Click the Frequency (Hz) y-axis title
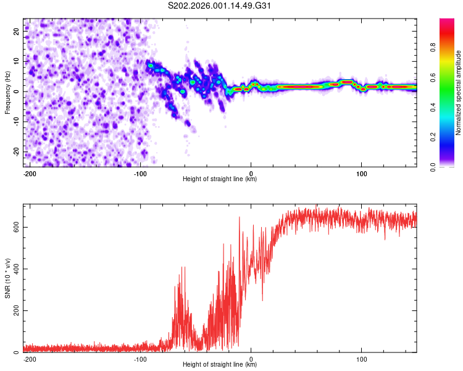point(7,92)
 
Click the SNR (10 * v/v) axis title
point(7,278)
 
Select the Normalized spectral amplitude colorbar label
point(459,93)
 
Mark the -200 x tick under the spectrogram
point(28,173)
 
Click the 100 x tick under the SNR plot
point(361,358)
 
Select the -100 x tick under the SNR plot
point(140,358)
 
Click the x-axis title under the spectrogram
point(220,179)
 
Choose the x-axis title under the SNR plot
point(220,365)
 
